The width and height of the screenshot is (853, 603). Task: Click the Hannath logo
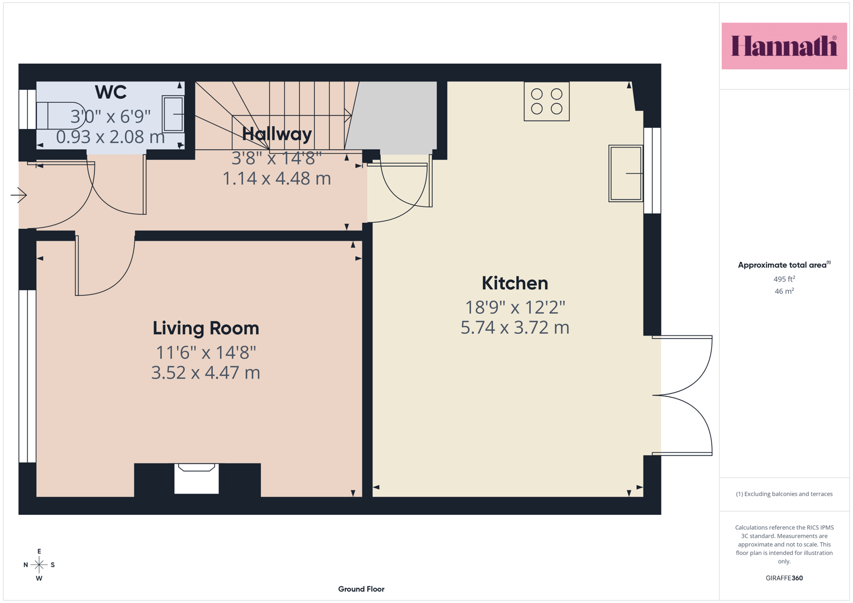(x=784, y=46)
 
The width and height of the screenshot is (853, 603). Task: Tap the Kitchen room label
(x=515, y=283)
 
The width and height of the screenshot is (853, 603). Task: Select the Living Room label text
(x=206, y=328)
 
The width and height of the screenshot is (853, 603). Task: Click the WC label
(x=111, y=92)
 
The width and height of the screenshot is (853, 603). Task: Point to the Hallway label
(x=277, y=134)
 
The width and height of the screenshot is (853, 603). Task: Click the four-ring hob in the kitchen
(x=546, y=101)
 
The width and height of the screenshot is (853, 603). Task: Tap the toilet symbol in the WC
(x=61, y=116)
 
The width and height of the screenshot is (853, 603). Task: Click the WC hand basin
(x=173, y=114)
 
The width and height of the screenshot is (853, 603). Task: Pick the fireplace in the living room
(x=197, y=478)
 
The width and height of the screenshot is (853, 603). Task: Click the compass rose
(x=39, y=564)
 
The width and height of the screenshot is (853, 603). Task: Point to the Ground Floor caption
(x=361, y=589)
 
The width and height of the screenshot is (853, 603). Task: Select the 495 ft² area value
(x=784, y=279)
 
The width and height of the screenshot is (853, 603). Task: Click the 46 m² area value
(x=784, y=291)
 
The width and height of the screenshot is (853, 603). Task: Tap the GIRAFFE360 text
(x=784, y=578)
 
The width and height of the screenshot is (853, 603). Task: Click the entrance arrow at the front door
(x=18, y=195)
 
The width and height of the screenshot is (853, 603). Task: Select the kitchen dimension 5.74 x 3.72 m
(x=515, y=328)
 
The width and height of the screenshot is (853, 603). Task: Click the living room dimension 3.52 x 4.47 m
(x=206, y=373)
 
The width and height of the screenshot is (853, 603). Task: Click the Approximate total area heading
(x=784, y=265)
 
